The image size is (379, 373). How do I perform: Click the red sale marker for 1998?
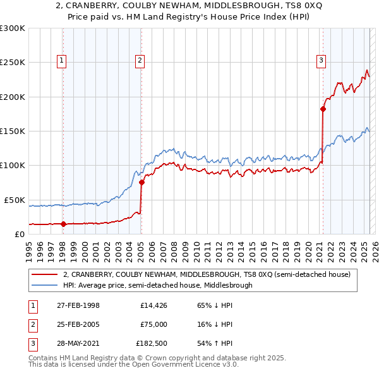(63, 224)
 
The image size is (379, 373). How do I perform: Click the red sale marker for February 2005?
(141, 182)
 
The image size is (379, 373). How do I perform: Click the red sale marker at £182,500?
(323, 109)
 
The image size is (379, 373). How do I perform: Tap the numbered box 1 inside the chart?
(62, 61)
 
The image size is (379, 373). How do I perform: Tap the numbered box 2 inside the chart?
(140, 61)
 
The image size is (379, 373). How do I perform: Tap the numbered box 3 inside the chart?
(321, 61)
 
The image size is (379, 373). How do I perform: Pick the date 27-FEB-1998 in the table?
(78, 305)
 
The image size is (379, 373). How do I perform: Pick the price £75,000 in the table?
(153, 324)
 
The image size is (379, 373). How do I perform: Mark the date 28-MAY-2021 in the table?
(78, 343)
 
